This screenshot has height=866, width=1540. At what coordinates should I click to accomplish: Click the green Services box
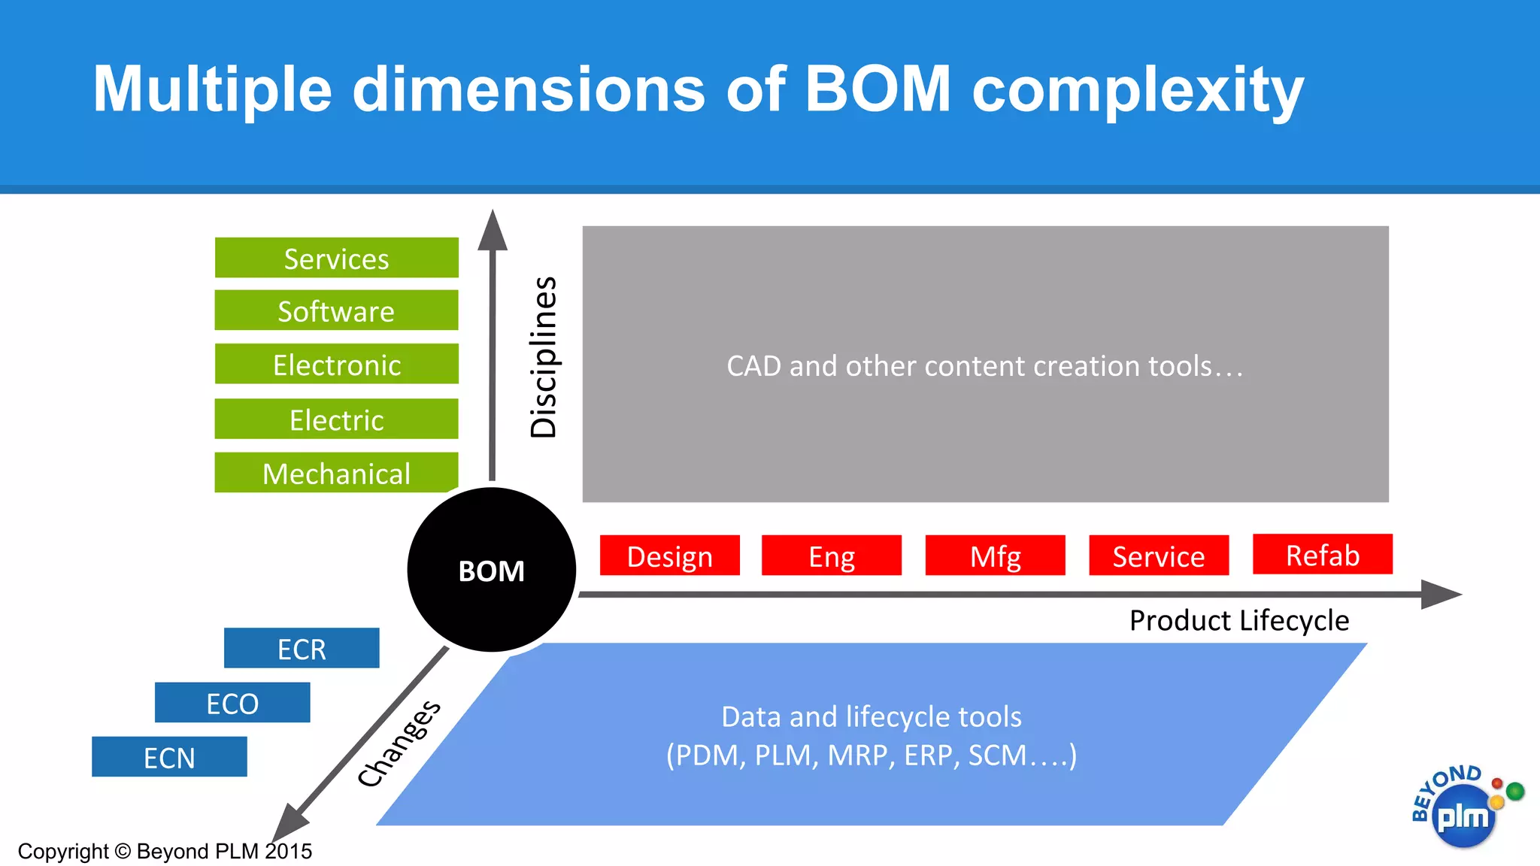pyautogui.click(x=336, y=258)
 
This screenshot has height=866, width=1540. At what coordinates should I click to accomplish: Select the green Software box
pyautogui.click(x=336, y=310)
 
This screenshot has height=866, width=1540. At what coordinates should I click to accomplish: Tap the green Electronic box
pyautogui.click(x=336, y=364)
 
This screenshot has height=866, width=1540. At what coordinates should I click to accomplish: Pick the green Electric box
pyautogui.click(x=336, y=419)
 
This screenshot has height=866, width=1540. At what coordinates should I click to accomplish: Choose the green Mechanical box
pyautogui.click(x=336, y=473)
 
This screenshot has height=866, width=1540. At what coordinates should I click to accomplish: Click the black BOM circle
pyautogui.click(x=491, y=570)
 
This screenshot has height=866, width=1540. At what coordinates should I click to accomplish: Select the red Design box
pyautogui.click(x=669, y=556)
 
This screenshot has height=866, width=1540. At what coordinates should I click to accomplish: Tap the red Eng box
pyautogui.click(x=831, y=556)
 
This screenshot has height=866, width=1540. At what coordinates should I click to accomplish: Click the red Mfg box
pyautogui.click(x=995, y=556)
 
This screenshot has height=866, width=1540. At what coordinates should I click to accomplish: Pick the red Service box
pyautogui.click(x=1158, y=556)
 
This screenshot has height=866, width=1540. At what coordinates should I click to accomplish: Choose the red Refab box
pyautogui.click(x=1322, y=554)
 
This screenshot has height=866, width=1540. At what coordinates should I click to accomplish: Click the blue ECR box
pyautogui.click(x=302, y=648)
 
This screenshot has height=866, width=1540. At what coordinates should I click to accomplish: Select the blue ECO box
pyautogui.click(x=232, y=703)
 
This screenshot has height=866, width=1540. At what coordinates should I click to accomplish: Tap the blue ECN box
pyautogui.click(x=169, y=757)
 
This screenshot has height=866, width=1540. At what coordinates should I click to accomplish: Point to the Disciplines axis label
pyautogui.click(x=543, y=357)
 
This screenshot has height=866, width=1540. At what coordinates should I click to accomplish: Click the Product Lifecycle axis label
pyautogui.click(x=1238, y=620)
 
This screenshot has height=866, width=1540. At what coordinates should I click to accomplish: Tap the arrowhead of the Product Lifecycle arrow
pyautogui.click(x=1440, y=594)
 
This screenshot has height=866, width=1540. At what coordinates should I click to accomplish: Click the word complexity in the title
pyautogui.click(x=1137, y=90)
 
